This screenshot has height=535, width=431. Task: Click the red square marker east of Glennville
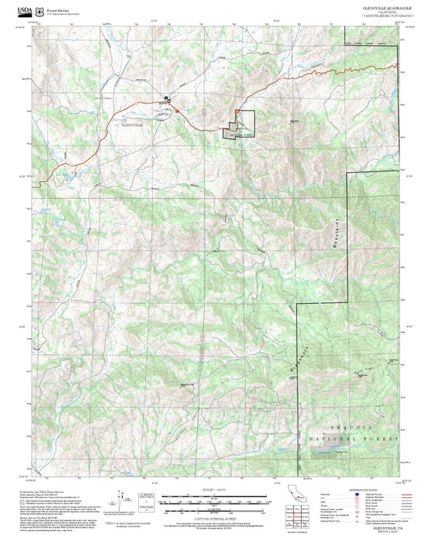pyautogui.click(x=176, y=110)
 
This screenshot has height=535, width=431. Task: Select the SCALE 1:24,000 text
pyautogui.click(x=214, y=491)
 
